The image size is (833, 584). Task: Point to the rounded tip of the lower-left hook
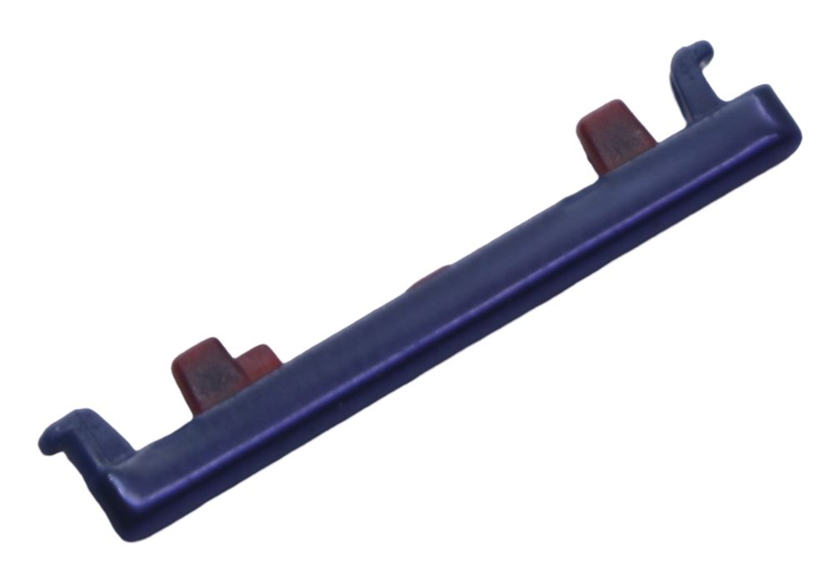47,442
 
